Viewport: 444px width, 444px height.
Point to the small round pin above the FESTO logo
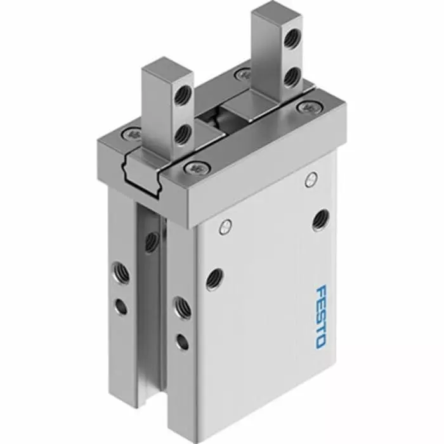point(311,179)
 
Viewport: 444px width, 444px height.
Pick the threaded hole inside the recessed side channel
point(152,240)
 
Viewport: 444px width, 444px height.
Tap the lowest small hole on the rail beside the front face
point(182,342)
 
